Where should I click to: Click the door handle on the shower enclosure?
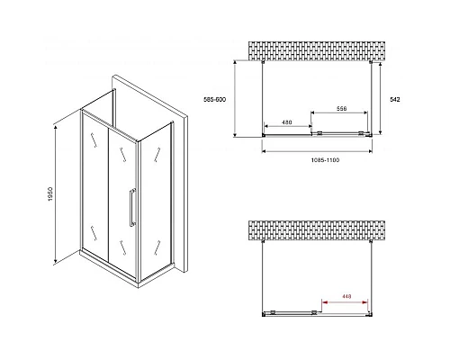pos(132,207)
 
